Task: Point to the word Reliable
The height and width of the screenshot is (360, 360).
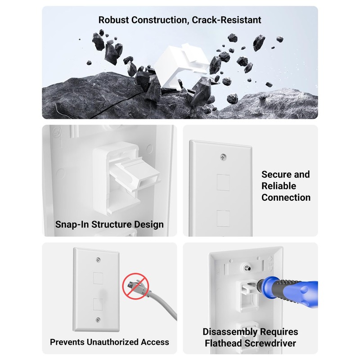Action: [x=279, y=186]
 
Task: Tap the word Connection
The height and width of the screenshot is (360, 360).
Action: [x=286, y=198]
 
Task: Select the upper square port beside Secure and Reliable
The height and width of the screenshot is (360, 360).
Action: [x=223, y=184]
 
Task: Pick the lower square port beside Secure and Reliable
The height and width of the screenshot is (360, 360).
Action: [x=223, y=218]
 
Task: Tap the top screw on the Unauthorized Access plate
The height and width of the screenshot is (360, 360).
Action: [x=98, y=261]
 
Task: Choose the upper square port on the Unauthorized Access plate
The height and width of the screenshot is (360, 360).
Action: [x=98, y=278]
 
